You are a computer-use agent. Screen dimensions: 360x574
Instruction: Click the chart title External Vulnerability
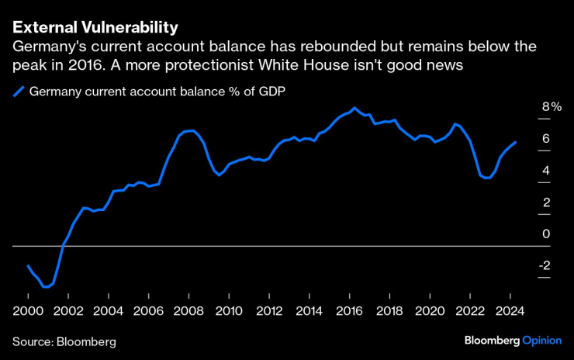(95, 27)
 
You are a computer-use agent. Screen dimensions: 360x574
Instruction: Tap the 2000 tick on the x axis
(28, 310)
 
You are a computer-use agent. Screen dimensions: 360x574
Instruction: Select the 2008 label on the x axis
(188, 310)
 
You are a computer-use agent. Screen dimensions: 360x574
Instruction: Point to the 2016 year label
(349, 310)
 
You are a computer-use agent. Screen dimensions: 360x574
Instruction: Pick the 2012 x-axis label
(268, 310)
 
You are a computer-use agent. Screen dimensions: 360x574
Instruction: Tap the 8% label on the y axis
(550, 107)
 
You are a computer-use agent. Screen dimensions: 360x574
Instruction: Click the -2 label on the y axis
(545, 265)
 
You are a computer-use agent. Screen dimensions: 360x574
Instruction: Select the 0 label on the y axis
(545, 234)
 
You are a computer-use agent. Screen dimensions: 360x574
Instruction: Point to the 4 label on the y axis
(545, 171)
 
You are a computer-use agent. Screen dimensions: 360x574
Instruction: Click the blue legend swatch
(19, 92)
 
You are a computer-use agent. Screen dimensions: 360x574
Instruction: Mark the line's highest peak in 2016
(354, 108)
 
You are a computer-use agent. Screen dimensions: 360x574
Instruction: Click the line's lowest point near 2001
(47, 287)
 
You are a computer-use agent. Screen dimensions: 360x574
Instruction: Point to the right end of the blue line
(517, 142)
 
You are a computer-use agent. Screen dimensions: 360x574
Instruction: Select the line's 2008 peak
(191, 130)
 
